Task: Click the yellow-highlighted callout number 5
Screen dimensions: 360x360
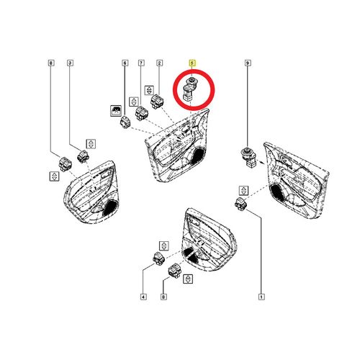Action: click(x=192, y=64)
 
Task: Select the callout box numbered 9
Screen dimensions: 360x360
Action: click(x=248, y=64)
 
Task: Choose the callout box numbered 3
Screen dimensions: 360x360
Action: click(x=69, y=64)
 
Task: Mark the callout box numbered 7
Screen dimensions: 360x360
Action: click(x=141, y=64)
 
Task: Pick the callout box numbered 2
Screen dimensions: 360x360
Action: click(x=158, y=64)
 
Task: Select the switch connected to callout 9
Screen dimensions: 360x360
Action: click(x=248, y=156)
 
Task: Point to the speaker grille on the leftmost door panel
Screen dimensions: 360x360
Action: click(x=111, y=208)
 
